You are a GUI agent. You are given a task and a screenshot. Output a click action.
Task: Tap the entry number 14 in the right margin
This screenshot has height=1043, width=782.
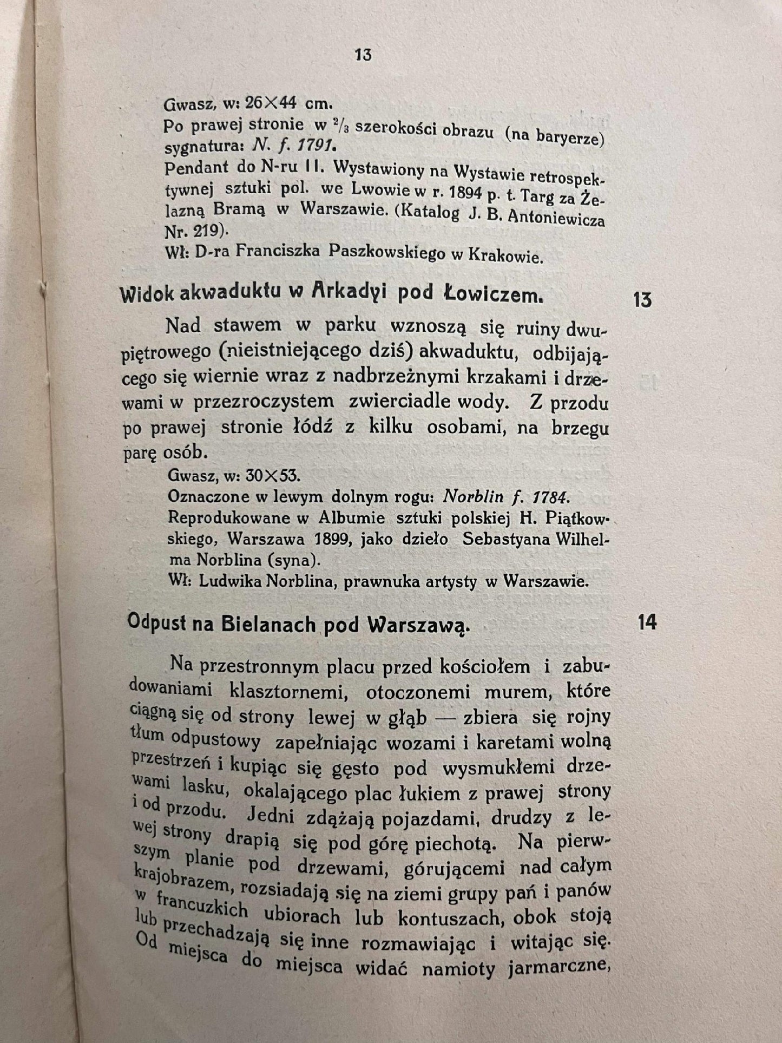[647, 622]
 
